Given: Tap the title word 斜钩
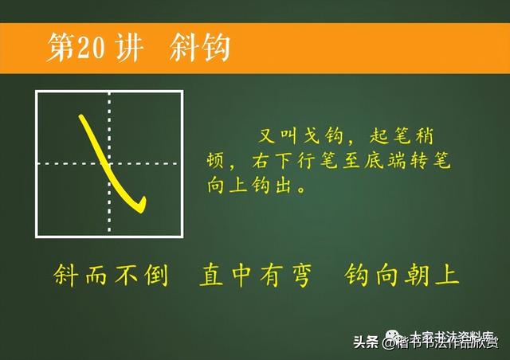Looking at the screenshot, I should [200, 48].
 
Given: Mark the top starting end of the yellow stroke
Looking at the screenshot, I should [81, 118].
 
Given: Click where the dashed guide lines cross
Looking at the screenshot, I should [109, 163].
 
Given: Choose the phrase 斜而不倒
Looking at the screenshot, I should [111, 276].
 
